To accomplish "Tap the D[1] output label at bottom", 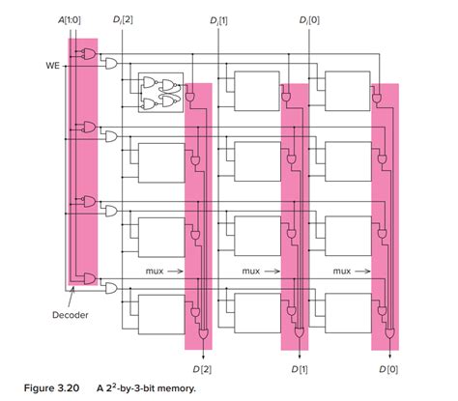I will [x=298, y=367].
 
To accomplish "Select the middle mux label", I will [x=249, y=272].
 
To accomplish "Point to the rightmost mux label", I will [x=340, y=272].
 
